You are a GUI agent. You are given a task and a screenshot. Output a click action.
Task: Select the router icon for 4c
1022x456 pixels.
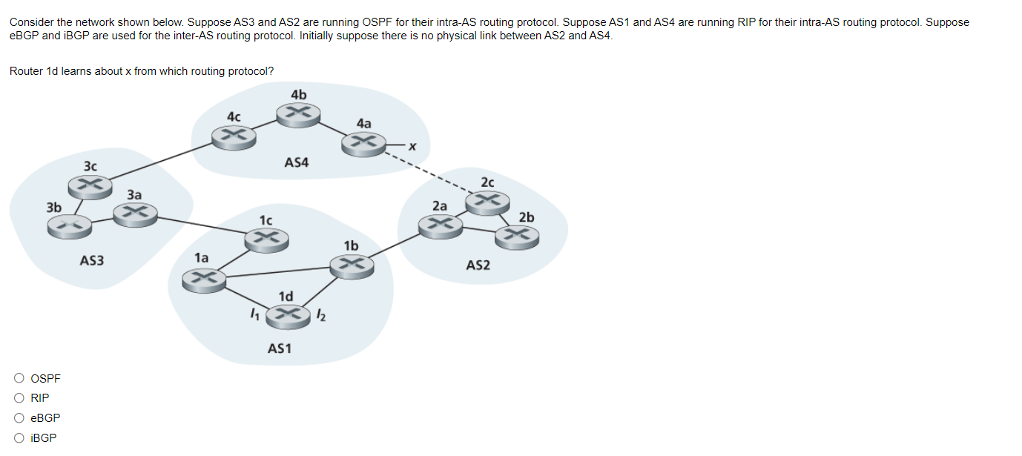coord(233,136)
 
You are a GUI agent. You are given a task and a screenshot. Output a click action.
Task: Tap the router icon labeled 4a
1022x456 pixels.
coord(363,143)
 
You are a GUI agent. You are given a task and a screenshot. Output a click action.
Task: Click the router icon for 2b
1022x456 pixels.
coord(517,237)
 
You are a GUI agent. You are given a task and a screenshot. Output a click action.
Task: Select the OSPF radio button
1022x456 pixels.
coord(19,378)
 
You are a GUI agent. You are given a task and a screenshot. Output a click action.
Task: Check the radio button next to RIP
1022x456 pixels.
coord(19,398)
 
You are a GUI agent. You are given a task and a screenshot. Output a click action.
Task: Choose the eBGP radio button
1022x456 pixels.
coord(19,418)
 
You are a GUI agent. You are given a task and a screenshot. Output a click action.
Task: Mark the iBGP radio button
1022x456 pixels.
coord(19,438)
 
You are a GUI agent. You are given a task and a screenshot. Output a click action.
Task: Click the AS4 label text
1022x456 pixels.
coord(296,162)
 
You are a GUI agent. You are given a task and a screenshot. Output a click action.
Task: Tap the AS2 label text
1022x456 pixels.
coord(478,265)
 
